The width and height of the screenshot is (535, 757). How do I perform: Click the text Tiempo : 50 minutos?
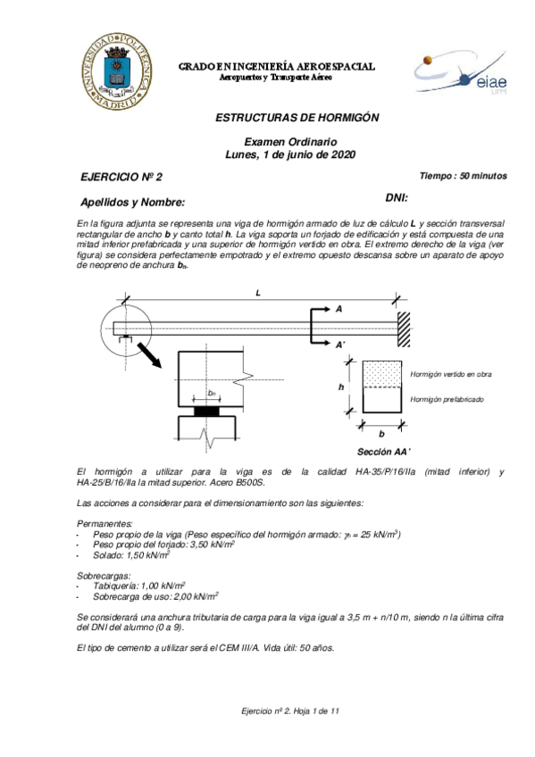click(464, 176)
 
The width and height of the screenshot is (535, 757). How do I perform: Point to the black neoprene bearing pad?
click(211, 412)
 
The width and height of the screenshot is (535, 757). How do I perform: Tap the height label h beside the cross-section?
click(340, 387)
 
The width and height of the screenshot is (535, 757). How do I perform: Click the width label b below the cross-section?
click(382, 430)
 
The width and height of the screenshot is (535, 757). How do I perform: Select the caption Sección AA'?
click(383, 453)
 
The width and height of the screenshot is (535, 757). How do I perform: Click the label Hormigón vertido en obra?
click(450, 374)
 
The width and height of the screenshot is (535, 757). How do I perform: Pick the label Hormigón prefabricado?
click(447, 399)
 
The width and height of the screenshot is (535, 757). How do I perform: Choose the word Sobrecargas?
click(105, 577)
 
